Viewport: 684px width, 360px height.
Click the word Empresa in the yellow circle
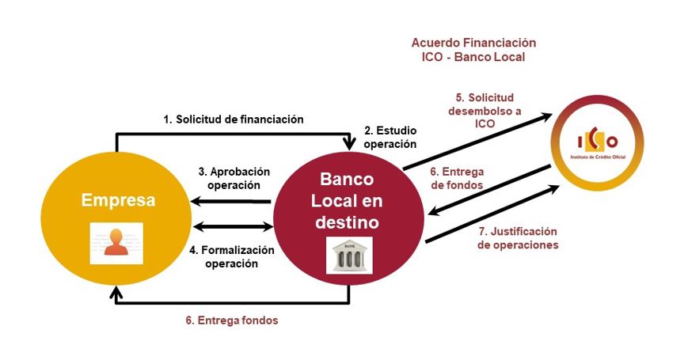(118, 199)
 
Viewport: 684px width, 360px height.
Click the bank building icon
(349, 256)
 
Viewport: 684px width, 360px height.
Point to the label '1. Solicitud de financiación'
(234, 119)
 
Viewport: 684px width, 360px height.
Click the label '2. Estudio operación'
(389, 137)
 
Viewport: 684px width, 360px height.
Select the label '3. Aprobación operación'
(234, 178)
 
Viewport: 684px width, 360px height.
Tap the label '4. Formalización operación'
(232, 256)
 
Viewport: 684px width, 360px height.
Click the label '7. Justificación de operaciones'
(518, 238)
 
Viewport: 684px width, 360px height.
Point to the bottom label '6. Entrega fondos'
(231, 320)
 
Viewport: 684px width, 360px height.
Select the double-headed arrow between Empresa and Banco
(231, 227)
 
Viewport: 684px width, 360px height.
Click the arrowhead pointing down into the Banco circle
(349, 142)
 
